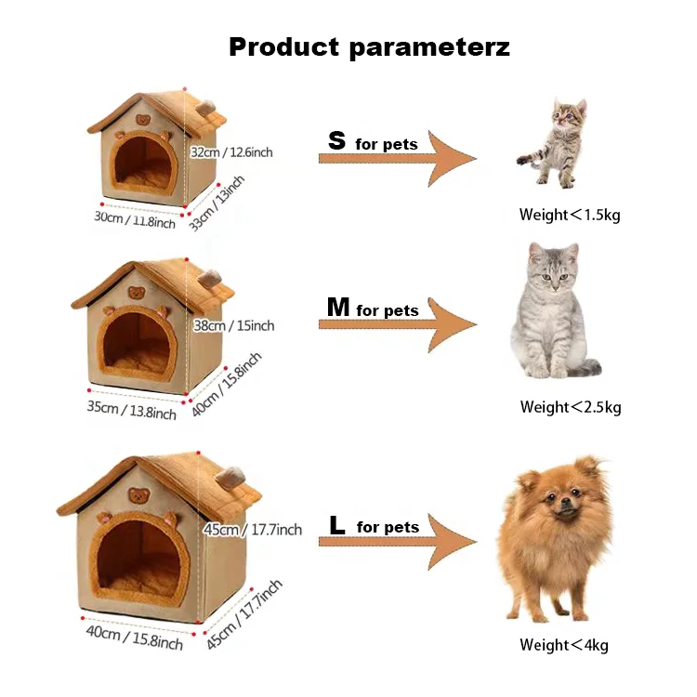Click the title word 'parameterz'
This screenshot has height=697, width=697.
pos(429,47)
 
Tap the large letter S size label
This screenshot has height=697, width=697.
pos(337,141)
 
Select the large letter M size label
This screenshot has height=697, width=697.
pos(337,307)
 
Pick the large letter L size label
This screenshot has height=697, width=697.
pos(337,525)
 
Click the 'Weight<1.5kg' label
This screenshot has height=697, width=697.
pos(570,215)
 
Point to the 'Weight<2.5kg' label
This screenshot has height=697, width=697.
pos(571,406)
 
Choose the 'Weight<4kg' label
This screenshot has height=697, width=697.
pos(564,645)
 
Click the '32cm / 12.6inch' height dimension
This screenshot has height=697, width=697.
pos(232,151)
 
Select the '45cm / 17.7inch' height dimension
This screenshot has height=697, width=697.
pos(252,530)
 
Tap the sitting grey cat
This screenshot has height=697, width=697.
pos(552,311)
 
